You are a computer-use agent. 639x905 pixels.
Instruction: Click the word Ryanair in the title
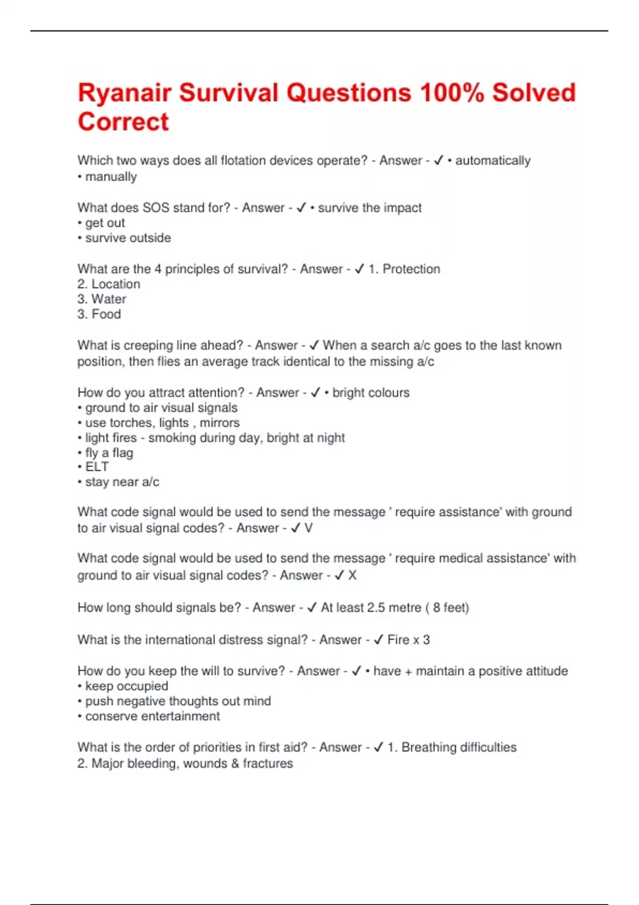tap(124, 93)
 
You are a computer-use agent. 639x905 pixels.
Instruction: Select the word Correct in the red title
tap(123, 122)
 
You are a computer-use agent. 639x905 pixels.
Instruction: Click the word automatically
tap(493, 161)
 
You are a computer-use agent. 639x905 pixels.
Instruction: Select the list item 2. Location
tap(109, 284)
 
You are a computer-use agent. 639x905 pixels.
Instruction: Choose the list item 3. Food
tap(99, 314)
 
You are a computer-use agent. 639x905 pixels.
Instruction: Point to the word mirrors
tap(219, 423)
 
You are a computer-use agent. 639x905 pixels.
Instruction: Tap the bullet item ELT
tap(96, 467)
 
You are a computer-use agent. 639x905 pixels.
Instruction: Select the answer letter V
tap(308, 528)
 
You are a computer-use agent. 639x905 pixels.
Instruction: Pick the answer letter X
tap(352, 575)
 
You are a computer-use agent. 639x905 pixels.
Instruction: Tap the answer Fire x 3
tap(408, 640)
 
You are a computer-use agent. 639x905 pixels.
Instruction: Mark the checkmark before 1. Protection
tap(359, 269)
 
